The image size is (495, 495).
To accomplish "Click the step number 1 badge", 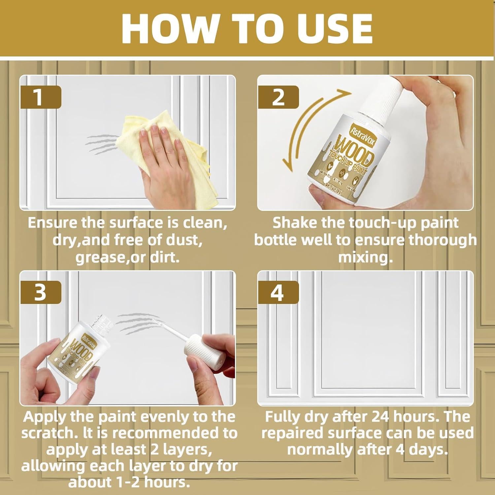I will click(x=40, y=97).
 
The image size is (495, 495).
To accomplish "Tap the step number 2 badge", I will click(x=278, y=97).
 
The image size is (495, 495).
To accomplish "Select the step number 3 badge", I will click(x=40, y=292).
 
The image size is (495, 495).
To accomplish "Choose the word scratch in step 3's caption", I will click(x=45, y=433).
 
